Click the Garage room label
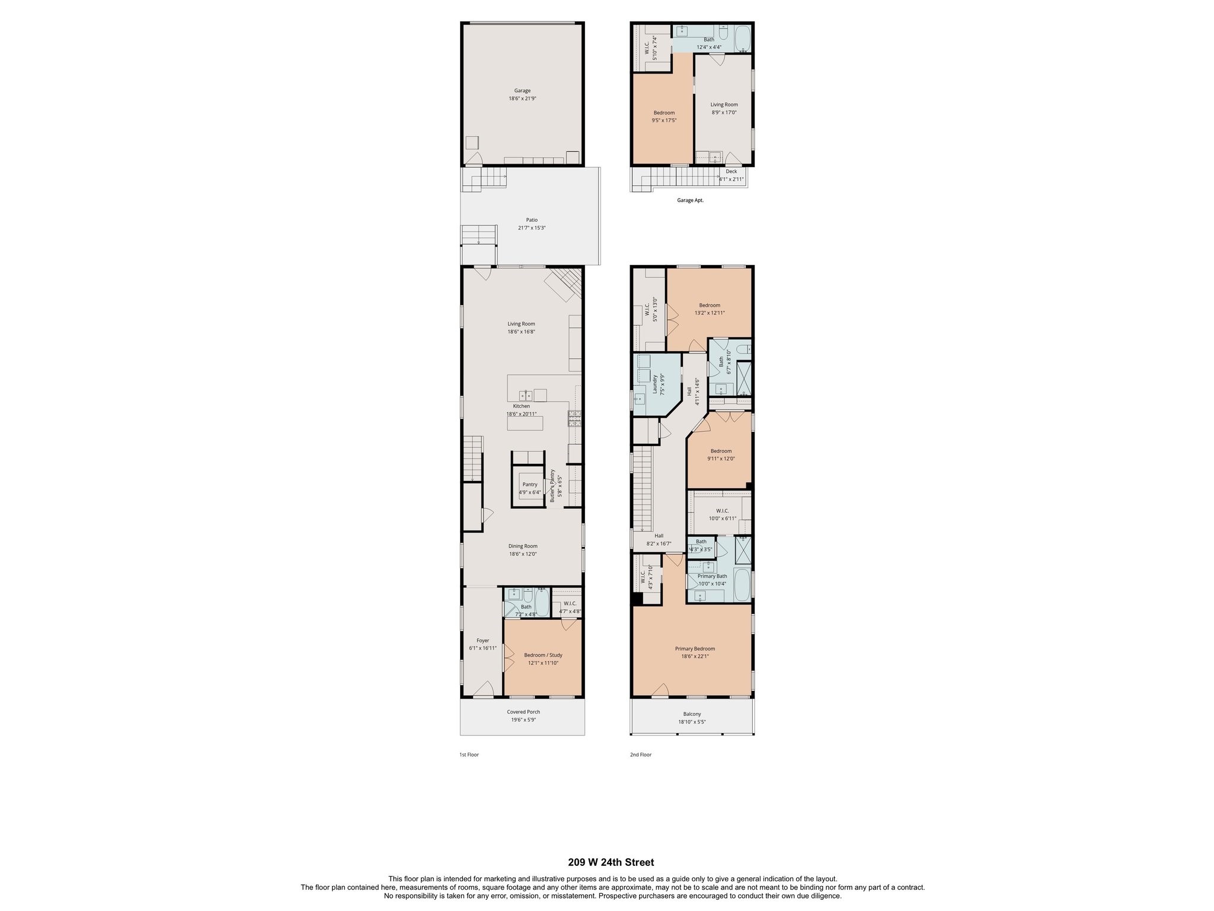(522, 91)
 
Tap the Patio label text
(532, 220)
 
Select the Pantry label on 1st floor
(530, 485)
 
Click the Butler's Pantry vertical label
(552, 486)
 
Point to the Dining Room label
(523, 546)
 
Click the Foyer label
(483, 641)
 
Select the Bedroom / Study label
(543, 655)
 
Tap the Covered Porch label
(523, 712)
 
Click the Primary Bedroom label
(695, 649)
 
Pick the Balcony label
(692, 714)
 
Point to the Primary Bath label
(712, 576)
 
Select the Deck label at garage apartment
(731, 171)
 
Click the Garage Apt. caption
(690, 200)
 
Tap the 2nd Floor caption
(640, 755)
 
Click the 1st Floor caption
(469, 755)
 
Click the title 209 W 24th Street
(611, 862)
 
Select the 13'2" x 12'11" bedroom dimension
(710, 313)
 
